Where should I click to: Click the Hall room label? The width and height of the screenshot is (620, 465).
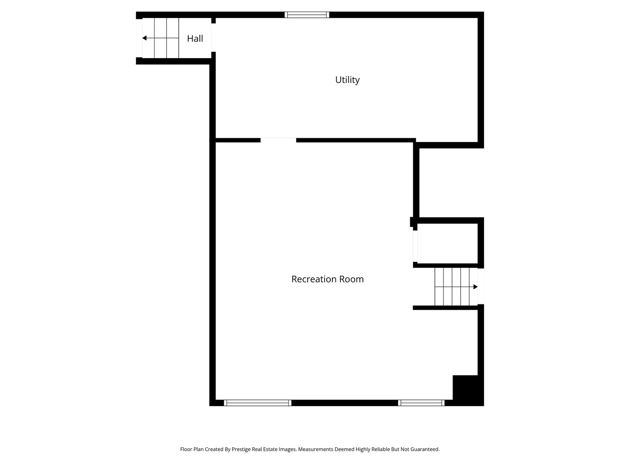pyautogui.click(x=195, y=38)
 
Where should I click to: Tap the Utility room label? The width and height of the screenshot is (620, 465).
pyautogui.click(x=347, y=80)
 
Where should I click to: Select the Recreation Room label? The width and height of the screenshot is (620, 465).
pyautogui.click(x=327, y=279)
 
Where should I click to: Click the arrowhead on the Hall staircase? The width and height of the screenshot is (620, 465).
pyautogui.click(x=144, y=38)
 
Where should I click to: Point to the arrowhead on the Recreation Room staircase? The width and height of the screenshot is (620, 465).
pyautogui.click(x=475, y=287)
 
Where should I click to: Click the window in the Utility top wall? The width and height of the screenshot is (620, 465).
pyautogui.click(x=307, y=15)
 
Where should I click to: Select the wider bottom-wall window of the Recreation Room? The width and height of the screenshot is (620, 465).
pyautogui.click(x=257, y=403)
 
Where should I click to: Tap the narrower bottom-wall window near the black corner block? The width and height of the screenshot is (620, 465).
pyautogui.click(x=421, y=403)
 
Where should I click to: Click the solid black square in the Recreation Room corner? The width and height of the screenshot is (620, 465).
pyautogui.click(x=468, y=391)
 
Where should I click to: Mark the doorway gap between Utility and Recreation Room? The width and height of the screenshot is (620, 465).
pyautogui.click(x=278, y=140)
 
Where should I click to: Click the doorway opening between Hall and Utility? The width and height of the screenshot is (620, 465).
pyautogui.click(x=214, y=37)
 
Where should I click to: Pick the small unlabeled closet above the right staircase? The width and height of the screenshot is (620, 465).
pyautogui.click(x=447, y=243)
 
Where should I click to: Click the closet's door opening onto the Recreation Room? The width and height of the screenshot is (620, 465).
pyautogui.click(x=415, y=246)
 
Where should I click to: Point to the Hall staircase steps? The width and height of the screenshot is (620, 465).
pyautogui.click(x=161, y=38)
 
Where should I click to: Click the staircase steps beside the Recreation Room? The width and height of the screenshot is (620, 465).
pyautogui.click(x=456, y=287)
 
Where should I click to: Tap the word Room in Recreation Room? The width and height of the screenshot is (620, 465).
pyautogui.click(x=351, y=279)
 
